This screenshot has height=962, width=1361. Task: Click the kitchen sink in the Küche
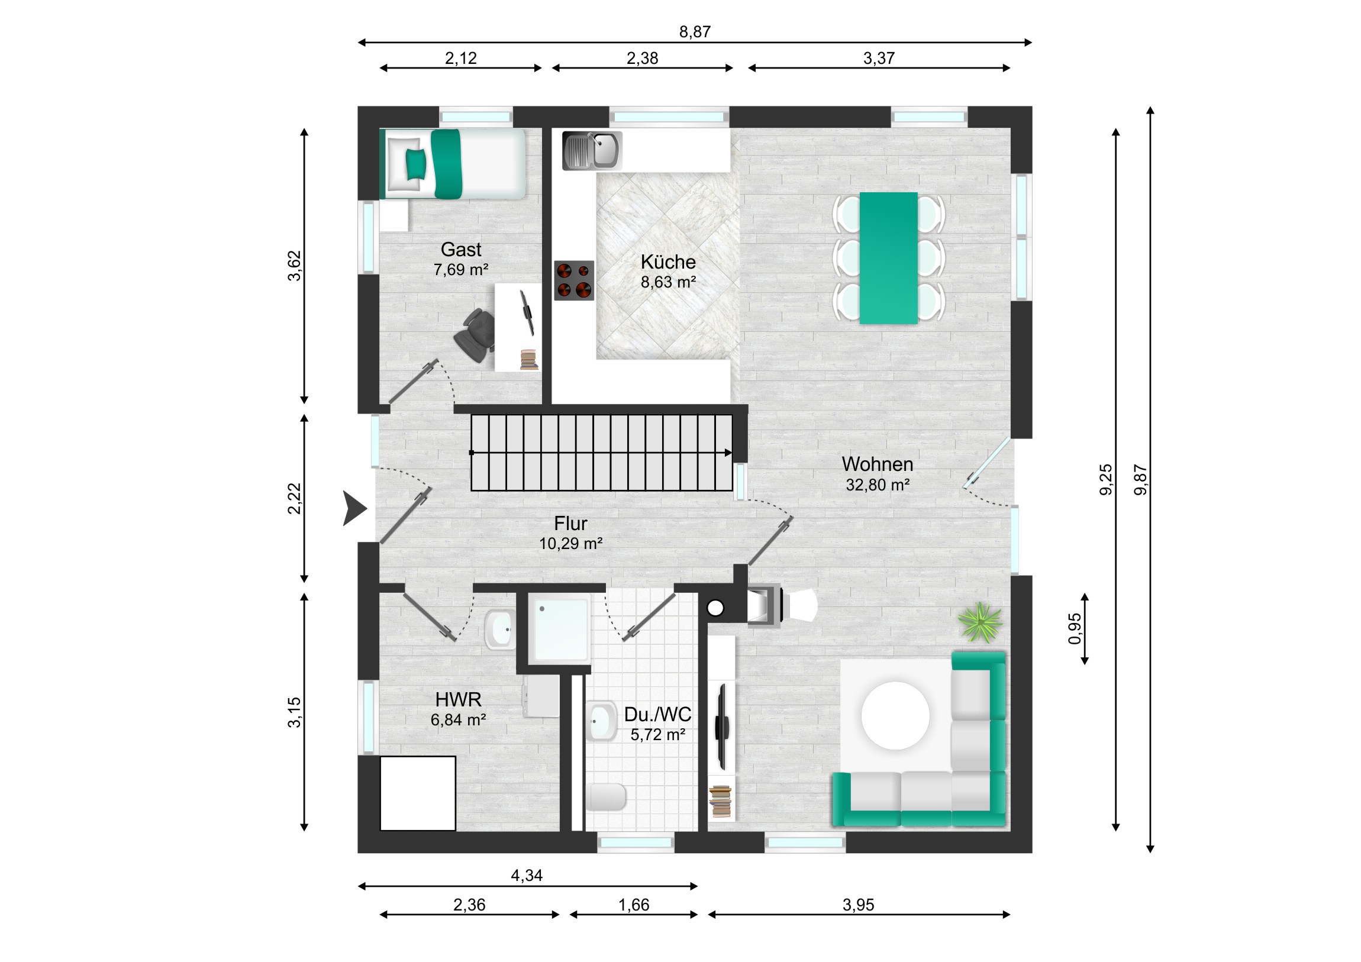tap(592, 150)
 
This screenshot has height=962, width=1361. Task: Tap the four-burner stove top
tap(574, 280)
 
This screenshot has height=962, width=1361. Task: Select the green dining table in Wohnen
tap(889, 258)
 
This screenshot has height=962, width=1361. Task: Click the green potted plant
tap(981, 622)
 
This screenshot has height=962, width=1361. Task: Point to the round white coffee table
tap(895, 715)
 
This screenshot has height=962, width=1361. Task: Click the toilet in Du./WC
tap(606, 797)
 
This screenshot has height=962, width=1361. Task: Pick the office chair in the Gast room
tap(475, 335)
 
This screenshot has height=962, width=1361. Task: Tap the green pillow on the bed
tap(415, 164)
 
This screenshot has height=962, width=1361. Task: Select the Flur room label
tap(570, 524)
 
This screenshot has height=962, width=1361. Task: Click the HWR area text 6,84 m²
tap(458, 719)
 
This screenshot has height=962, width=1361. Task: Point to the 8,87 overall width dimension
tap(695, 31)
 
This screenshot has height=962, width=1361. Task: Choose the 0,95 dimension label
tap(1074, 628)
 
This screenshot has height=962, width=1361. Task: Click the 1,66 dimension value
tap(634, 905)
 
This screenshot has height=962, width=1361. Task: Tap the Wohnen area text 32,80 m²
tap(878, 485)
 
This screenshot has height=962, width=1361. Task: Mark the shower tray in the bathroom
tap(560, 630)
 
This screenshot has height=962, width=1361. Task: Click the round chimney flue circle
tap(715, 608)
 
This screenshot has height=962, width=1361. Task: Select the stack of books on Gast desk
tap(529, 360)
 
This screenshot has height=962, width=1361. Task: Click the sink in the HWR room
tap(500, 629)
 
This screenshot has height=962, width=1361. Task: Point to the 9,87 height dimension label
tap(1140, 479)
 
